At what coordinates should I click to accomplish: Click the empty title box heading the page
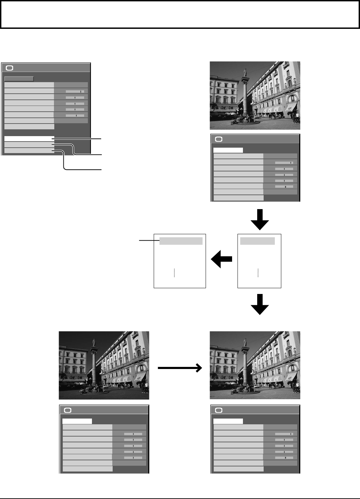[180, 14]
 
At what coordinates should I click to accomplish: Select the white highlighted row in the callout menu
[29, 138]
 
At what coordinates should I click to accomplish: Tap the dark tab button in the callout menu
[19, 79]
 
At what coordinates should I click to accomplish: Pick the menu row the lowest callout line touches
[29, 150]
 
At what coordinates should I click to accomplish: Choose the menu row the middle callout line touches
[29, 145]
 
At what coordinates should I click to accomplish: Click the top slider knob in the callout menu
[81, 91]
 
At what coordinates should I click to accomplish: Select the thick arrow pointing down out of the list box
[260, 304]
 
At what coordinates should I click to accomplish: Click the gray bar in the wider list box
[181, 241]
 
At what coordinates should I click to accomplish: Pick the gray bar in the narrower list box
[257, 241]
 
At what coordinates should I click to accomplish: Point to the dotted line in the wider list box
[174, 273]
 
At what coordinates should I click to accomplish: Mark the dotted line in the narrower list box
[258, 273]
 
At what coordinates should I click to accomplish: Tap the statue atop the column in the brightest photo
[244, 73]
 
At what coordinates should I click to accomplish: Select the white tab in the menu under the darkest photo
[77, 421]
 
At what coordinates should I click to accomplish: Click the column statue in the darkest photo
[93, 343]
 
